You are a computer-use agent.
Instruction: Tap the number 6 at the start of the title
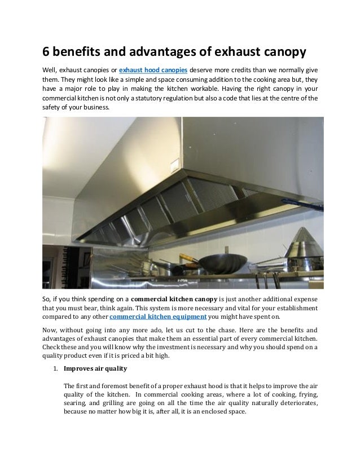click(x=48, y=52)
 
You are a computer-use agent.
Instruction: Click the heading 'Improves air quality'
click(x=95, y=370)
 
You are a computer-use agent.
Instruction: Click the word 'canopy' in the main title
click(x=284, y=52)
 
